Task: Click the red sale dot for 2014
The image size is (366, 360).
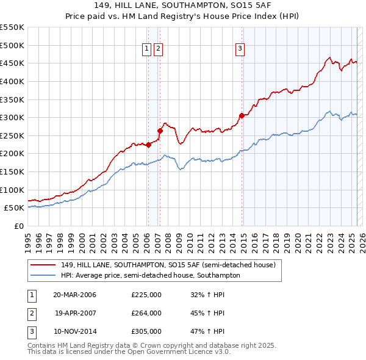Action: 242,115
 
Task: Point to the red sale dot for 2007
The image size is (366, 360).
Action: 160,130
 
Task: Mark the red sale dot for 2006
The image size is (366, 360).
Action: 148,145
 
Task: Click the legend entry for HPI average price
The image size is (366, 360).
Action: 150,275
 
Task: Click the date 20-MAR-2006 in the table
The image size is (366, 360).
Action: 74,295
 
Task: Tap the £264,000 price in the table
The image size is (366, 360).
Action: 146,313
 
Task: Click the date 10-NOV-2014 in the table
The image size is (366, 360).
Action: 74,331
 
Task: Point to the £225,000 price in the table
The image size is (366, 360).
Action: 146,295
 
